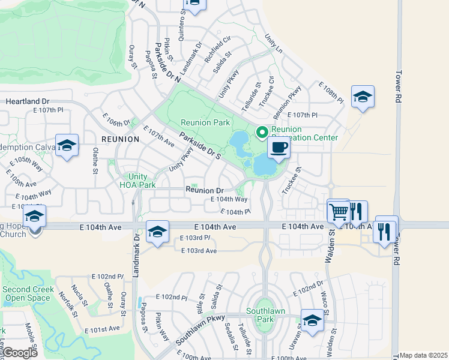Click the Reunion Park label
coord(205,122)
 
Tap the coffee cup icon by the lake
coord(279,148)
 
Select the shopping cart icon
coord(339,211)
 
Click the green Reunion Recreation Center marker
coord(262,132)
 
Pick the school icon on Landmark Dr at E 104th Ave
coord(157,232)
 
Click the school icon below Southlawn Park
coord(312,321)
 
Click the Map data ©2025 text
coord(424,355)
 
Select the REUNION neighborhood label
coord(120,139)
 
